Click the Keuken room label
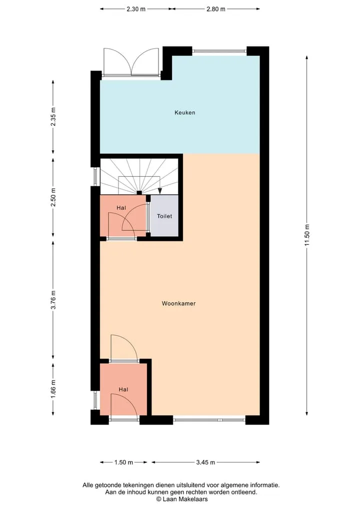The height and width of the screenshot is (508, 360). pyautogui.click(x=185, y=113)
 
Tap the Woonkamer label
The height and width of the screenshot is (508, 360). pyautogui.click(x=178, y=304)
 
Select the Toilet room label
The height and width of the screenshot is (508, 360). pyautogui.click(x=164, y=216)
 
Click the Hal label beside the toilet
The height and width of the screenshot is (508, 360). pyautogui.click(x=121, y=208)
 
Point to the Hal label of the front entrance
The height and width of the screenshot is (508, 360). pyautogui.click(x=123, y=390)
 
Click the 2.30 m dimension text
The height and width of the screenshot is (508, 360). pyautogui.click(x=136, y=9)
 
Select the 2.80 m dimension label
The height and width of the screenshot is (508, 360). pyautogui.click(x=215, y=9)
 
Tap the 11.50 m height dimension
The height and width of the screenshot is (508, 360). pyautogui.click(x=307, y=235)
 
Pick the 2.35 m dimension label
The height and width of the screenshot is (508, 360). pyautogui.click(x=53, y=116)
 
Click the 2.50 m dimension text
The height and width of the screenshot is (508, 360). pyautogui.click(x=53, y=197)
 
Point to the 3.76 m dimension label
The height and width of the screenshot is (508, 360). pyautogui.click(x=53, y=300)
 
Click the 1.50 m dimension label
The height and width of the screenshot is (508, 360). pyautogui.click(x=123, y=463)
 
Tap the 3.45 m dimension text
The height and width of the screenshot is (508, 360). pyautogui.click(x=205, y=463)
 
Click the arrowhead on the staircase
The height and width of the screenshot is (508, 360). pyautogui.click(x=159, y=190)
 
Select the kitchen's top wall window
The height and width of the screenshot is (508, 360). pyautogui.click(x=219, y=51)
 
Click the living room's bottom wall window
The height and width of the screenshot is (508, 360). pyautogui.click(x=209, y=420)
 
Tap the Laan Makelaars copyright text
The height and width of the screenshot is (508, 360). pyautogui.click(x=182, y=499)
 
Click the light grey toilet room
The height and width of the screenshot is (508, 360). pyautogui.click(x=164, y=216)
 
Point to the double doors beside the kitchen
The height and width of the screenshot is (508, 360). pyautogui.click(x=130, y=62)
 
